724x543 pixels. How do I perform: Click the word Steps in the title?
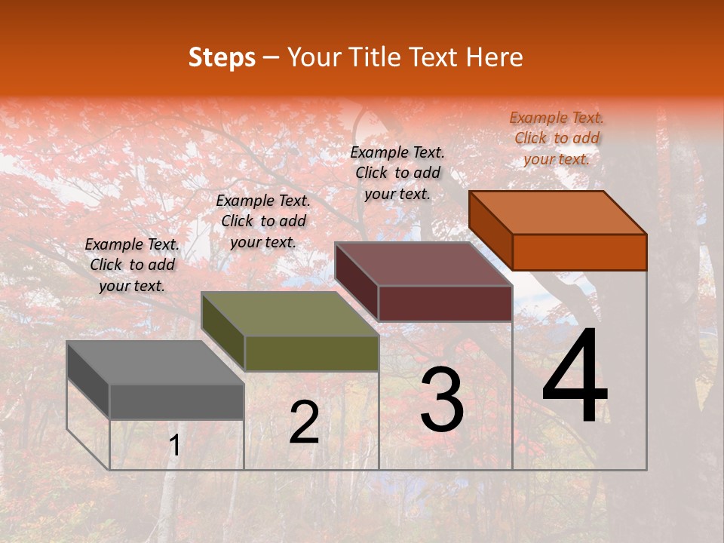222,57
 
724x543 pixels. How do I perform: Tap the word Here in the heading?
494,57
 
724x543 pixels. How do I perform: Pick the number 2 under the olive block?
304,422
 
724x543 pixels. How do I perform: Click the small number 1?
174,446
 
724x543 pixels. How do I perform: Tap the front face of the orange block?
579,252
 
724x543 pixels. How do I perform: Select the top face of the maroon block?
424,264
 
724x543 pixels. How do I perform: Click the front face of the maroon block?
445,303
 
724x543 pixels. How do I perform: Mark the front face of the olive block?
311,353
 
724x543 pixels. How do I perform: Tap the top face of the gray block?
155,363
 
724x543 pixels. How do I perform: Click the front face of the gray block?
176,401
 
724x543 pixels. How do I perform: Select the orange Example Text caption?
557,138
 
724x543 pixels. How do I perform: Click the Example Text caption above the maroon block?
397,173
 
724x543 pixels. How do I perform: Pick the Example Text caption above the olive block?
263,221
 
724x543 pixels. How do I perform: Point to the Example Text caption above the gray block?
132,265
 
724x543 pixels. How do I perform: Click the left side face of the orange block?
490,230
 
